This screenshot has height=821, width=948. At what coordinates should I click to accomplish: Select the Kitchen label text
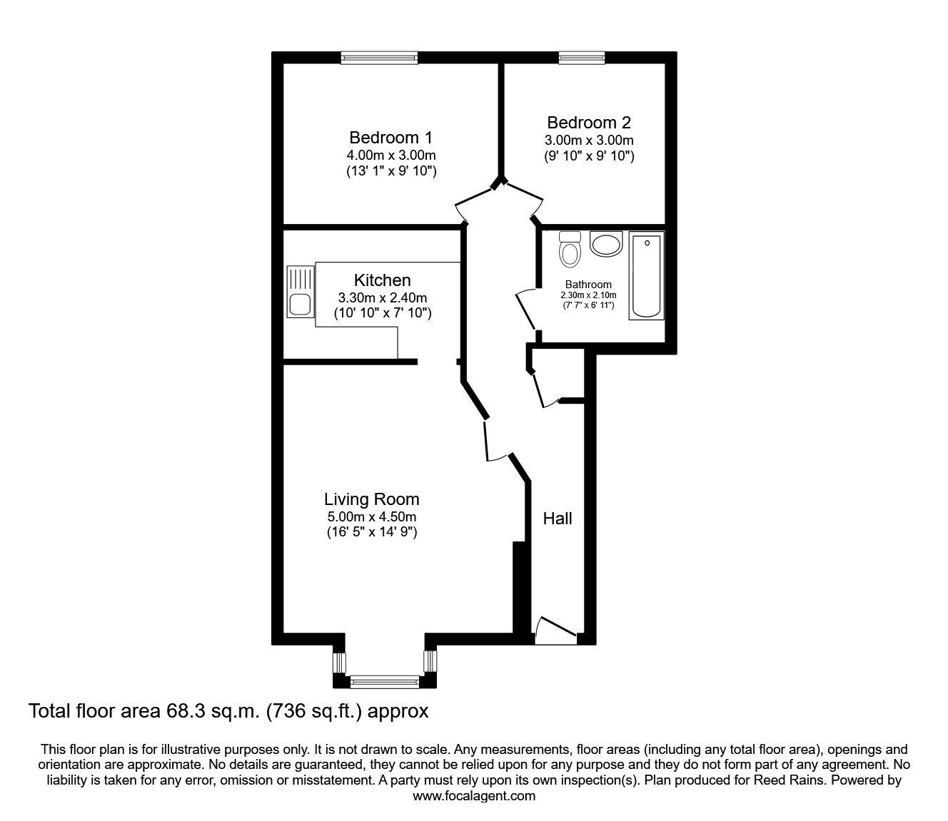tap(382, 280)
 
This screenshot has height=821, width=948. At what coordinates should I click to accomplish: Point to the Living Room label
tap(371, 499)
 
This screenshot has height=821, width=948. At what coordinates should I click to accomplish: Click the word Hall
tap(558, 519)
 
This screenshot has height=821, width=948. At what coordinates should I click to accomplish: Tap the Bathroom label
tap(588, 285)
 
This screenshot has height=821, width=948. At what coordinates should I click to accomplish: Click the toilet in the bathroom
tap(570, 249)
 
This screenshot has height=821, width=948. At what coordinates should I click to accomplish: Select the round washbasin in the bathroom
tap(606, 245)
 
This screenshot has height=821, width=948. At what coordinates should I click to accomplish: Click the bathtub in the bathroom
tap(646, 275)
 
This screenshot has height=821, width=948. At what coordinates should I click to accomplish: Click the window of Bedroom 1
tap(378, 58)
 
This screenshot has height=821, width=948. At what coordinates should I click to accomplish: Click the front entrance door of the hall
tap(555, 631)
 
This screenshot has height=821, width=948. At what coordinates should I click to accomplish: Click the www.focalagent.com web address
tap(473, 796)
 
